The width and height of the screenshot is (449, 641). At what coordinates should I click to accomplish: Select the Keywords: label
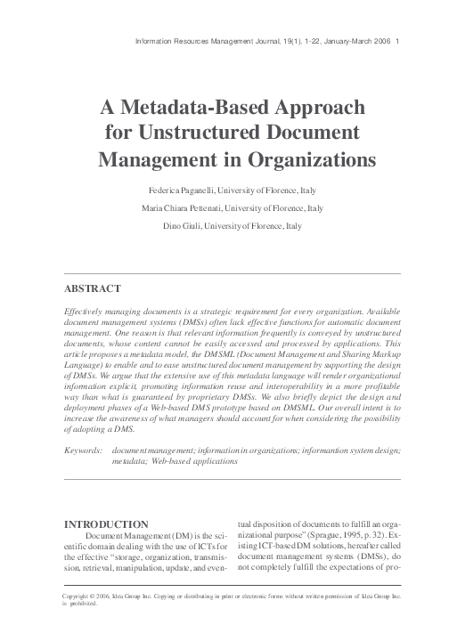tap(83, 452)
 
